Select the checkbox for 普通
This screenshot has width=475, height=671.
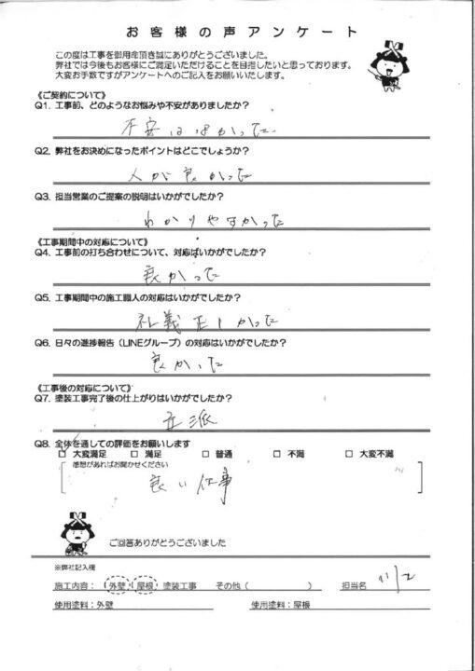205,454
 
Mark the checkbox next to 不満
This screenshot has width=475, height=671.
277,454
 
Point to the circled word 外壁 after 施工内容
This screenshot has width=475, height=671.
119,587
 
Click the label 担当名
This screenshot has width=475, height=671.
356,587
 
